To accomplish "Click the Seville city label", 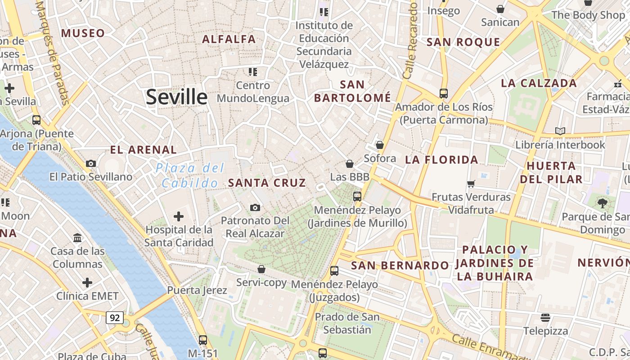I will tap(176, 97).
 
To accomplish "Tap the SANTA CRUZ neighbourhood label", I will tap(267, 183).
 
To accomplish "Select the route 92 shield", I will tap(115, 318).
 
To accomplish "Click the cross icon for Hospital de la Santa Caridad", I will tap(179, 216).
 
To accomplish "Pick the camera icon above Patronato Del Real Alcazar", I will tap(255, 207).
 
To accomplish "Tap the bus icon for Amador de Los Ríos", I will tap(443, 94).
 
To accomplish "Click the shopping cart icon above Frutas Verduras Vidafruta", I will tap(471, 184).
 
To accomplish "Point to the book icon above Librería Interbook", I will tap(560, 131).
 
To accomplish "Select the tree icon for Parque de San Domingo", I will tap(602, 203).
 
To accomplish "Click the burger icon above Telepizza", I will tap(545, 318).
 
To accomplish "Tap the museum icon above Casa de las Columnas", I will tap(77, 238).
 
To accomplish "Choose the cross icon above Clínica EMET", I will tap(87, 283).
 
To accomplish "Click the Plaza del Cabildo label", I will tap(189, 175).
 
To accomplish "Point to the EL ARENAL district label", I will tap(144, 150).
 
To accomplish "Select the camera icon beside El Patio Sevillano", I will tap(91, 163).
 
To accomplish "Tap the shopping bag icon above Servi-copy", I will tap(261, 269).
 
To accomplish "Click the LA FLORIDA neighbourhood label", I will tap(441, 160).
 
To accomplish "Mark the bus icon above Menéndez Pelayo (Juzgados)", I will tap(334, 271).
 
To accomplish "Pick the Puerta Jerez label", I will tap(197, 290).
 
